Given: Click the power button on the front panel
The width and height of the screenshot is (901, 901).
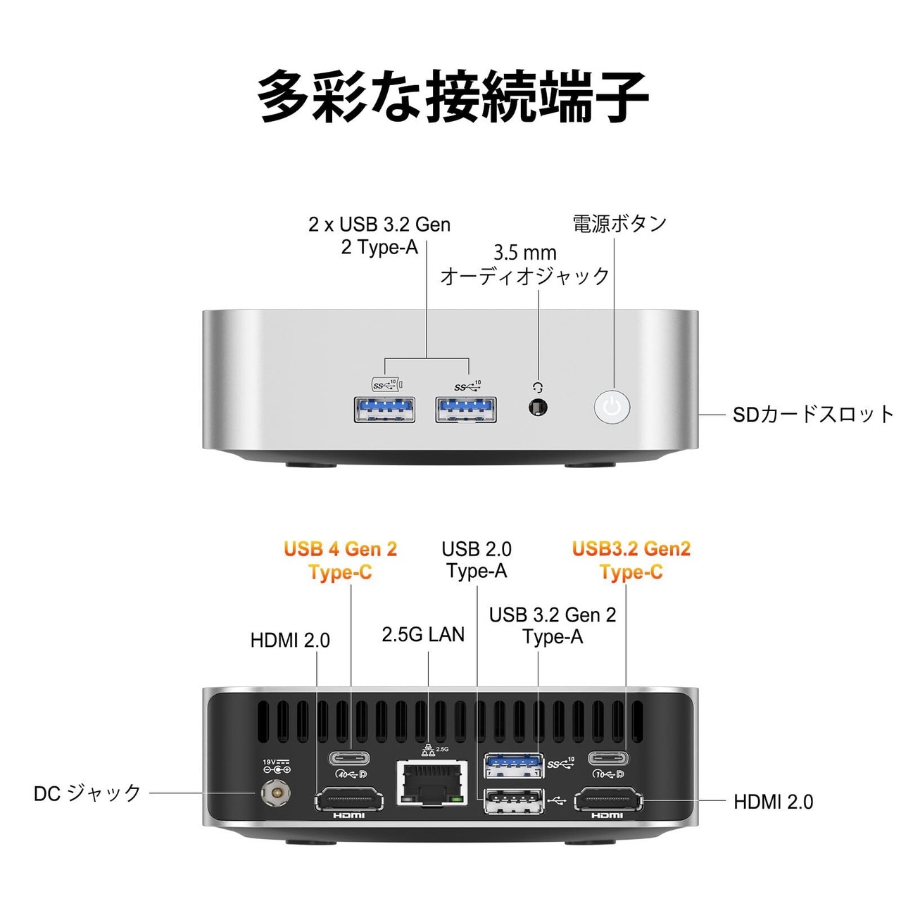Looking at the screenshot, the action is tap(612, 406).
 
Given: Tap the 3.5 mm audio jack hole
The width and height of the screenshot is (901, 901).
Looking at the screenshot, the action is tap(538, 408).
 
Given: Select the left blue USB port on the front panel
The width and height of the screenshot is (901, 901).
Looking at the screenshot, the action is tap(384, 409).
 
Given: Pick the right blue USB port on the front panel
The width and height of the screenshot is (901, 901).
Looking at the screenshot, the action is tap(466, 409).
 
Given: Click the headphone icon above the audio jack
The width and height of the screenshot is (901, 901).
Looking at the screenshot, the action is tap(538, 386).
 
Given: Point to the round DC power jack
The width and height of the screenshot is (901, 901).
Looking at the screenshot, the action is tap(275, 793).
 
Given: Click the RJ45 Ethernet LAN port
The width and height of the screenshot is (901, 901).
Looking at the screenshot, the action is tap(431, 783).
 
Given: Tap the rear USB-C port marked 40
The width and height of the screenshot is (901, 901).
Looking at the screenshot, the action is tap(350, 757).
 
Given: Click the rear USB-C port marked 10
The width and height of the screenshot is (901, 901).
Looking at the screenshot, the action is tap(608, 757).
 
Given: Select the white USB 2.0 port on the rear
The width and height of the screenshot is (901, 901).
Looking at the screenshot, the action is tap(513, 800).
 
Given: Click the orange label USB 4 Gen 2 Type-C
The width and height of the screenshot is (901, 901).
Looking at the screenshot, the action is tap(340, 560).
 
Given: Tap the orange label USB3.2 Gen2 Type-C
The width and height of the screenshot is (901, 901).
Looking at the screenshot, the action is tap(631, 560).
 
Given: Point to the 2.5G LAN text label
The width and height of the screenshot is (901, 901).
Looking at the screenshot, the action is tap(423, 634).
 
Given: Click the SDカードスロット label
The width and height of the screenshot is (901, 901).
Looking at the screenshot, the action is tap(812, 415).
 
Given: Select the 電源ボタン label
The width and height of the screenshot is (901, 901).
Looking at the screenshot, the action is tap(619, 224).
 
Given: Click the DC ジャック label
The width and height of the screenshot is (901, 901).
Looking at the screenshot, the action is tap(87, 793).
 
